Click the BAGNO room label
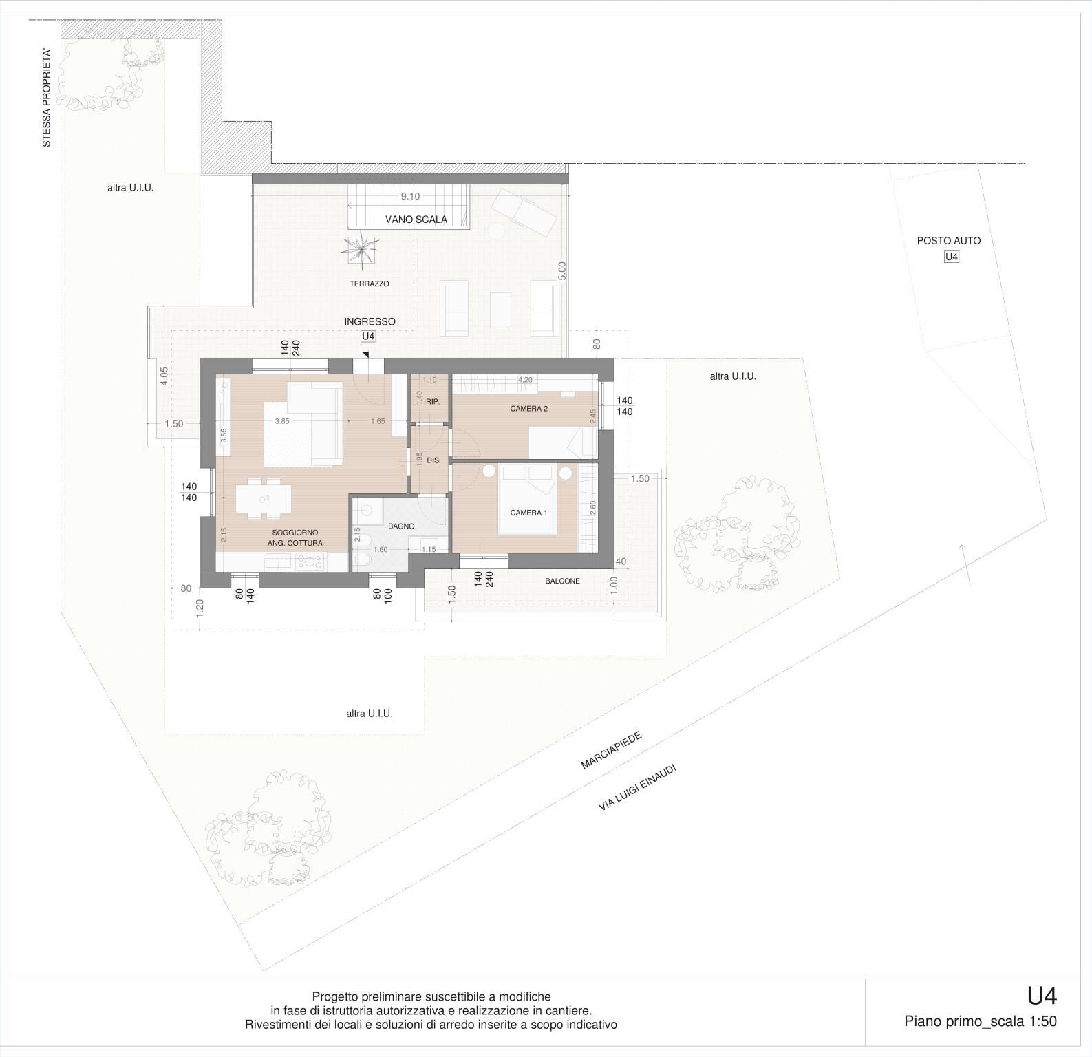pyautogui.click(x=401, y=526)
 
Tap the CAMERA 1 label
pyautogui.click(x=528, y=513)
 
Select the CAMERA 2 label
pyautogui.click(x=528, y=409)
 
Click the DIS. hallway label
pyautogui.click(x=433, y=460)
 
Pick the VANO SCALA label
pyautogui.click(x=416, y=220)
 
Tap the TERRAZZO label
pyautogui.click(x=370, y=284)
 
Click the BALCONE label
pyautogui.click(x=562, y=581)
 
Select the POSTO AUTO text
pyautogui.click(x=949, y=241)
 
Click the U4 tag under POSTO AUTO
pyautogui.click(x=952, y=257)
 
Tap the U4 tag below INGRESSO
pyautogui.click(x=368, y=337)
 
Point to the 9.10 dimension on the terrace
pyautogui.click(x=410, y=196)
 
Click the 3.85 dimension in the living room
pyautogui.click(x=281, y=421)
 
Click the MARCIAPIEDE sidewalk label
pyautogui.click(x=612, y=751)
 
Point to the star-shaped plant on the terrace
pyautogui.click(x=362, y=248)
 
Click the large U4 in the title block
pyautogui.click(x=1042, y=996)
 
